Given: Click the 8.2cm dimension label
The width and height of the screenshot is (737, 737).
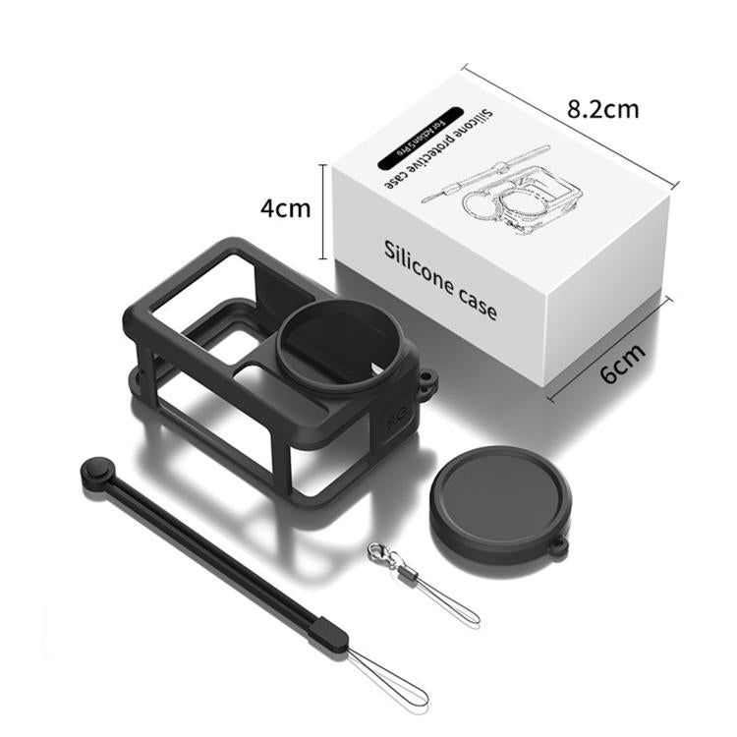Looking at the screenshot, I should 602,107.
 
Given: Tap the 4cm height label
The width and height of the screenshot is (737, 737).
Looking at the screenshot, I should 285,208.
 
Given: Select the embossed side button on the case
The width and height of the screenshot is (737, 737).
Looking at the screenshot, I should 398,417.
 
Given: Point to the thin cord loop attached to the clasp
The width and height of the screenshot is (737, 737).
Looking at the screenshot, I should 447,601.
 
